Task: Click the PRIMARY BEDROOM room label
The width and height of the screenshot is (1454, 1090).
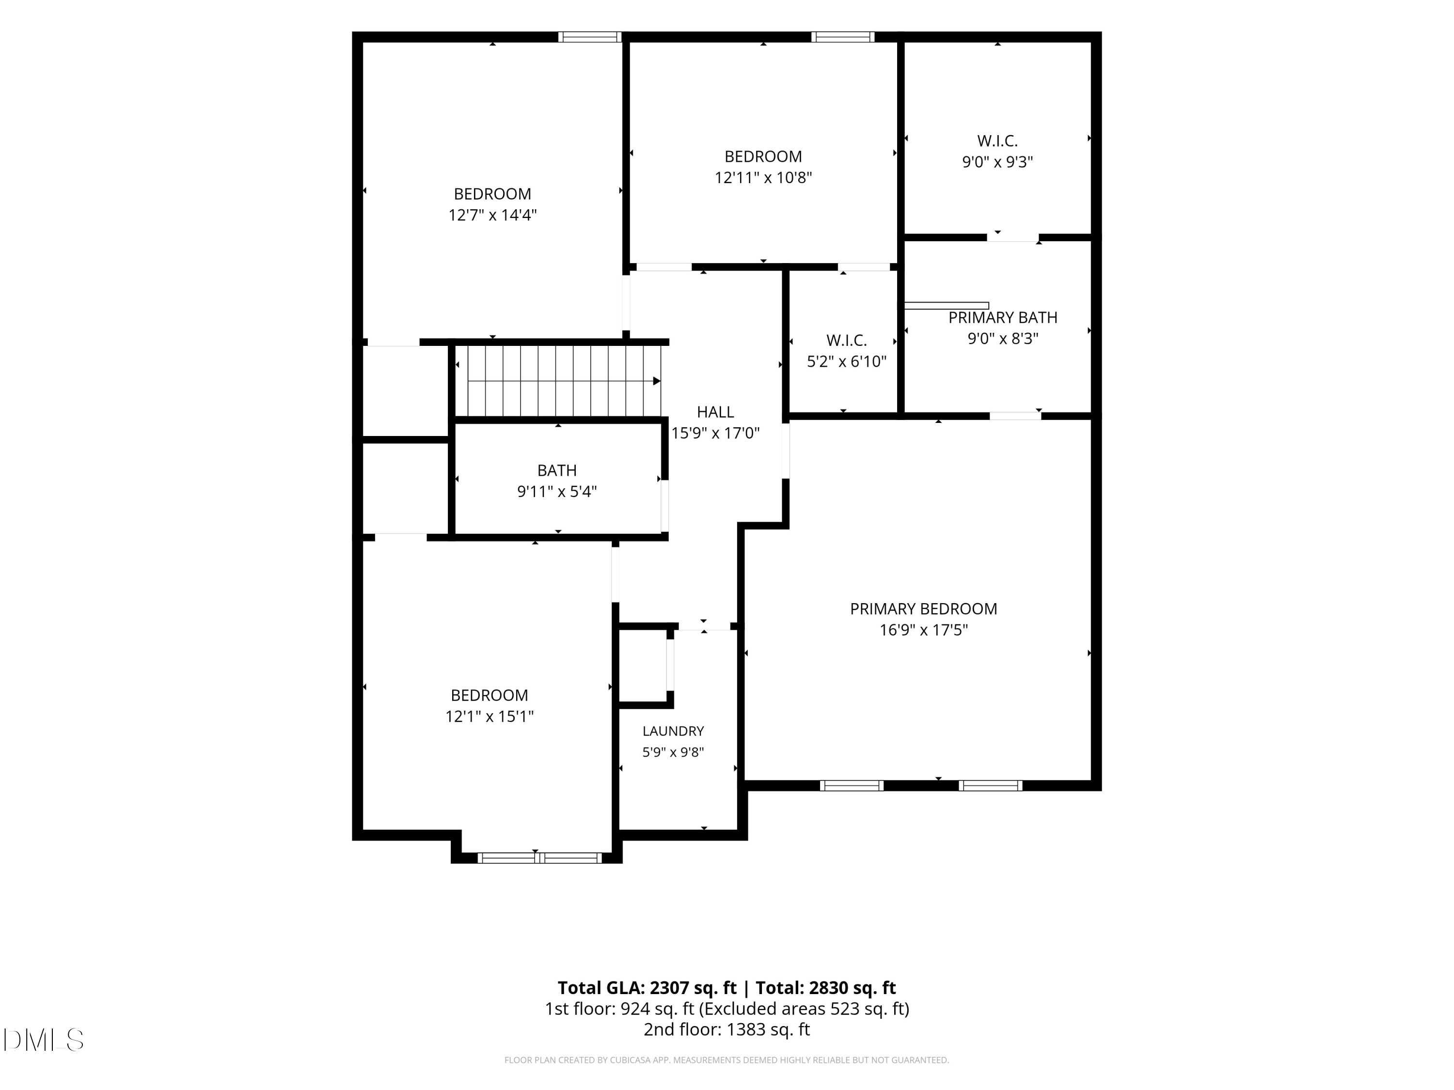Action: (x=924, y=609)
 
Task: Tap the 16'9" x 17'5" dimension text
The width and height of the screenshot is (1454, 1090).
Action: (x=924, y=630)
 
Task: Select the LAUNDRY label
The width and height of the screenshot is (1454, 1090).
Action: (x=673, y=731)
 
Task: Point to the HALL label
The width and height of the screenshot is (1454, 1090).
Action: (x=715, y=412)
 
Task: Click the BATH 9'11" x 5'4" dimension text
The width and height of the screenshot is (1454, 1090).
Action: (x=557, y=491)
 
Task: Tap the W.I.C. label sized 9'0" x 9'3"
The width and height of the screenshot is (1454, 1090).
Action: (x=997, y=140)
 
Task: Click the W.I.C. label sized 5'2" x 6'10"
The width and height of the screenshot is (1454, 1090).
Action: (x=847, y=341)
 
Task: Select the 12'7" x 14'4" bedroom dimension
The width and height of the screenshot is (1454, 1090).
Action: (x=492, y=215)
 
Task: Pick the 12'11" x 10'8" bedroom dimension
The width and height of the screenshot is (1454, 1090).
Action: (x=763, y=177)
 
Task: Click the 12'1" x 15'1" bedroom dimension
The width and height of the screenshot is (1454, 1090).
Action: (x=489, y=716)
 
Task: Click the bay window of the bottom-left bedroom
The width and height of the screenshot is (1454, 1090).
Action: (x=539, y=857)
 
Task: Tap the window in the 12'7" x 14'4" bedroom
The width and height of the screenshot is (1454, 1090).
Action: (x=590, y=37)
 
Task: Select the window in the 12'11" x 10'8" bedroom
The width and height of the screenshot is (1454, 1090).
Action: (x=843, y=37)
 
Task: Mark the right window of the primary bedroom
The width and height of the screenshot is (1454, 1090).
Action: (x=991, y=785)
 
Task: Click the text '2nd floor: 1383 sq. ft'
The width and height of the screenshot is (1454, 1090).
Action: (x=727, y=1029)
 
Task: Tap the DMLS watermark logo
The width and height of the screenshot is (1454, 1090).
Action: (x=44, y=1040)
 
